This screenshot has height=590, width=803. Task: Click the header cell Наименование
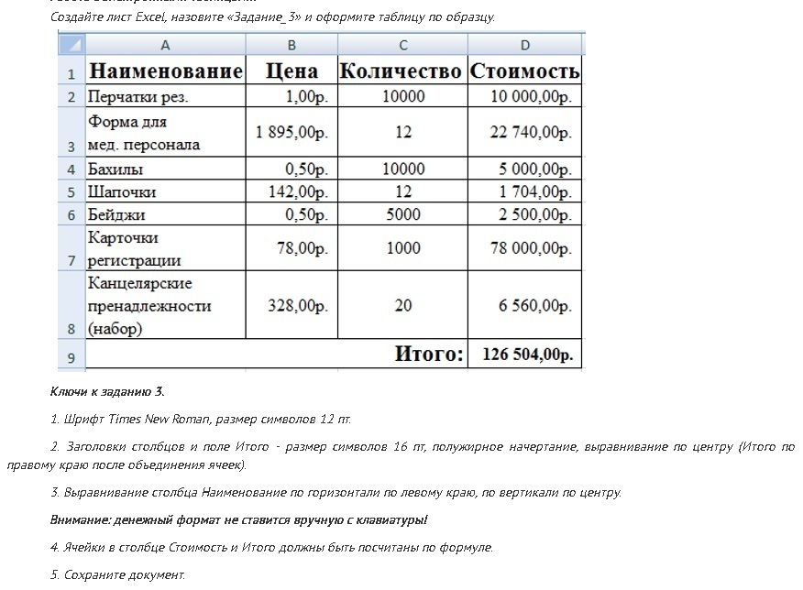[x=165, y=71]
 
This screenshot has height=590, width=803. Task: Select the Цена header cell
[x=291, y=71]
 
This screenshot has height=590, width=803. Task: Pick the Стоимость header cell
[x=524, y=71]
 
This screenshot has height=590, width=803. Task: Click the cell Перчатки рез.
[x=138, y=96]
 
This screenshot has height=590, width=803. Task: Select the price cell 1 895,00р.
[x=291, y=132]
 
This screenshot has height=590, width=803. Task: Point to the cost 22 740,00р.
[x=531, y=132]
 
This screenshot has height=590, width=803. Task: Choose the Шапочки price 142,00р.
[x=297, y=191]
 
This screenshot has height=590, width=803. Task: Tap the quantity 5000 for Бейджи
[x=403, y=214]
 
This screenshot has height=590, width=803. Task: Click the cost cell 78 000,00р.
[x=531, y=248]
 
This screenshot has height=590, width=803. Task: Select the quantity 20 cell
[x=403, y=306]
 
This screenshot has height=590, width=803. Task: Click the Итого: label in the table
[x=429, y=355]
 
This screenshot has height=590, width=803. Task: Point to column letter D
[x=524, y=45]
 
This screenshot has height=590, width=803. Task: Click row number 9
[x=71, y=356]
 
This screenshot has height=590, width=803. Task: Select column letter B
[x=291, y=45]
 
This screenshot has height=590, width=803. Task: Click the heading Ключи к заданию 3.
[x=107, y=391]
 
